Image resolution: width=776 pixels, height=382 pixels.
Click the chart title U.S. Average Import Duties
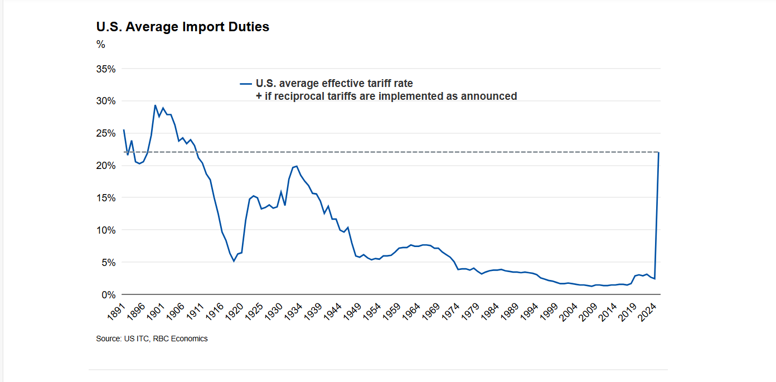(x=183, y=27)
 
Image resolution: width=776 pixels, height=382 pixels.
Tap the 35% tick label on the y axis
(x=106, y=69)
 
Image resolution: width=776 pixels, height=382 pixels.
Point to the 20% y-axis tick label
(x=106, y=166)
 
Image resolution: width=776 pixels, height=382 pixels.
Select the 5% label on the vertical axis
(x=108, y=262)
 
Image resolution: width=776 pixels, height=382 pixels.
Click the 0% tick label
(x=108, y=294)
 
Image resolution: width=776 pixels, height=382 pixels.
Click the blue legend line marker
(x=246, y=84)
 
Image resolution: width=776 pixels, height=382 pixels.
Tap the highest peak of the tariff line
(x=155, y=105)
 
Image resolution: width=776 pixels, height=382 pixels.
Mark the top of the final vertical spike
(x=659, y=152)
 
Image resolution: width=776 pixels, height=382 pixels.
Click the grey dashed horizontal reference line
(x=390, y=152)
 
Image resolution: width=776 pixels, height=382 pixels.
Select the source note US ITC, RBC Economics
(x=152, y=339)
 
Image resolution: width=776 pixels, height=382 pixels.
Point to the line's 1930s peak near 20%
(x=297, y=166)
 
